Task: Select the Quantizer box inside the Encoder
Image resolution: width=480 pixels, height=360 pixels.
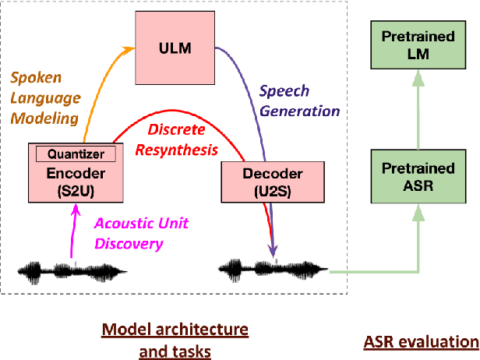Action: click(76, 154)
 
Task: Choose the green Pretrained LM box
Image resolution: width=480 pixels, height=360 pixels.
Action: click(419, 46)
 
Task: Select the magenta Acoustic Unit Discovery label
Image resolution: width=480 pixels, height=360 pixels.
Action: click(140, 231)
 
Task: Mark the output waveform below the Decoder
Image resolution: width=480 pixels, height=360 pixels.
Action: click(273, 271)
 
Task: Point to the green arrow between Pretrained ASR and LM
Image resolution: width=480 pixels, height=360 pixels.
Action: click(419, 109)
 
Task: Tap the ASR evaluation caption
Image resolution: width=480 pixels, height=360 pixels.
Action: click(421, 341)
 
